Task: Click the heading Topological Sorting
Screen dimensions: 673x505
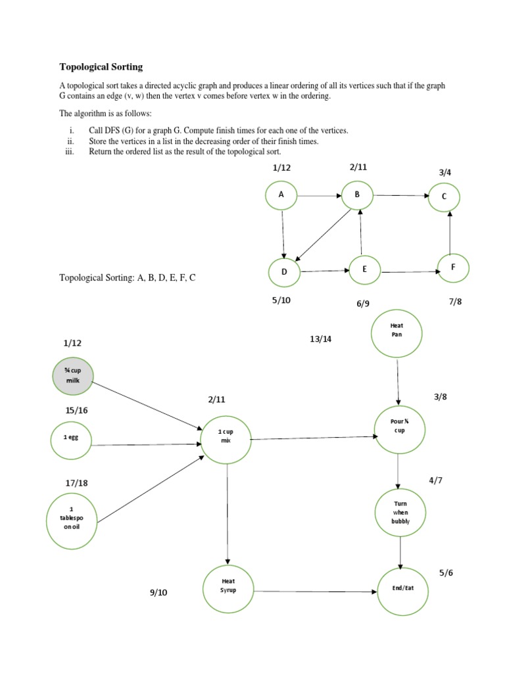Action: (101, 67)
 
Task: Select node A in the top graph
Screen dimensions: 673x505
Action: (281, 195)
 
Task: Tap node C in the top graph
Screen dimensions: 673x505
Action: (445, 196)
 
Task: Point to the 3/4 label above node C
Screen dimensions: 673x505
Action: (445, 172)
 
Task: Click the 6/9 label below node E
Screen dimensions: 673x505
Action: (364, 303)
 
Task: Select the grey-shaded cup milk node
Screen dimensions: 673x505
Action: (72, 375)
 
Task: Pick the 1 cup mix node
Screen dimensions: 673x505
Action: (226, 436)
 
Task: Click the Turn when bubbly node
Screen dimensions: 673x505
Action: (400, 512)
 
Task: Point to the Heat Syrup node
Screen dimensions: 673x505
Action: (228, 586)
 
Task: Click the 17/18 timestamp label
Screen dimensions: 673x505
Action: (76, 483)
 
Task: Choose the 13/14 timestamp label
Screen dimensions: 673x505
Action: (321, 339)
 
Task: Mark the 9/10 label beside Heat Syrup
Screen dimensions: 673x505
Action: (158, 593)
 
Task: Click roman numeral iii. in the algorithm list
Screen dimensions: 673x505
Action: (71, 152)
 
